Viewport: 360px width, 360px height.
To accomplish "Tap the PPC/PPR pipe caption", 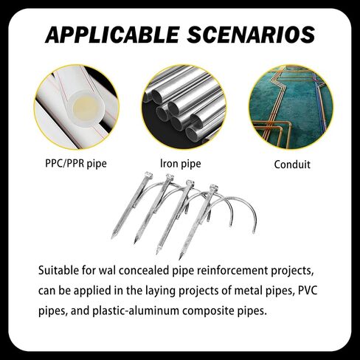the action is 76,164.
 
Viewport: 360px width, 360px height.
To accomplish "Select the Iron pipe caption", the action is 181,164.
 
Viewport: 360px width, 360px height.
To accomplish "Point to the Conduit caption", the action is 292,165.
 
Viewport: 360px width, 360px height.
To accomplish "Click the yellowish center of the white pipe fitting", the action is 86,108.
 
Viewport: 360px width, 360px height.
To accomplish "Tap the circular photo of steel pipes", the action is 184,107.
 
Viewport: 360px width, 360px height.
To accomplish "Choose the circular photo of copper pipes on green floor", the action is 291,107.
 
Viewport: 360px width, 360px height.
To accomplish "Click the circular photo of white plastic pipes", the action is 77,107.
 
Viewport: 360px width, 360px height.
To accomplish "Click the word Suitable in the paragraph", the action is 58,271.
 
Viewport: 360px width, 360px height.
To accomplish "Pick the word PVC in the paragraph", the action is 308,291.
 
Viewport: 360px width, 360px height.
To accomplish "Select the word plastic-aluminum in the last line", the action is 136,311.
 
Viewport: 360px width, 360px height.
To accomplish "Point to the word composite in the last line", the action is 205,311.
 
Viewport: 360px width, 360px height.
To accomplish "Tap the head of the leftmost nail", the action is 148,175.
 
